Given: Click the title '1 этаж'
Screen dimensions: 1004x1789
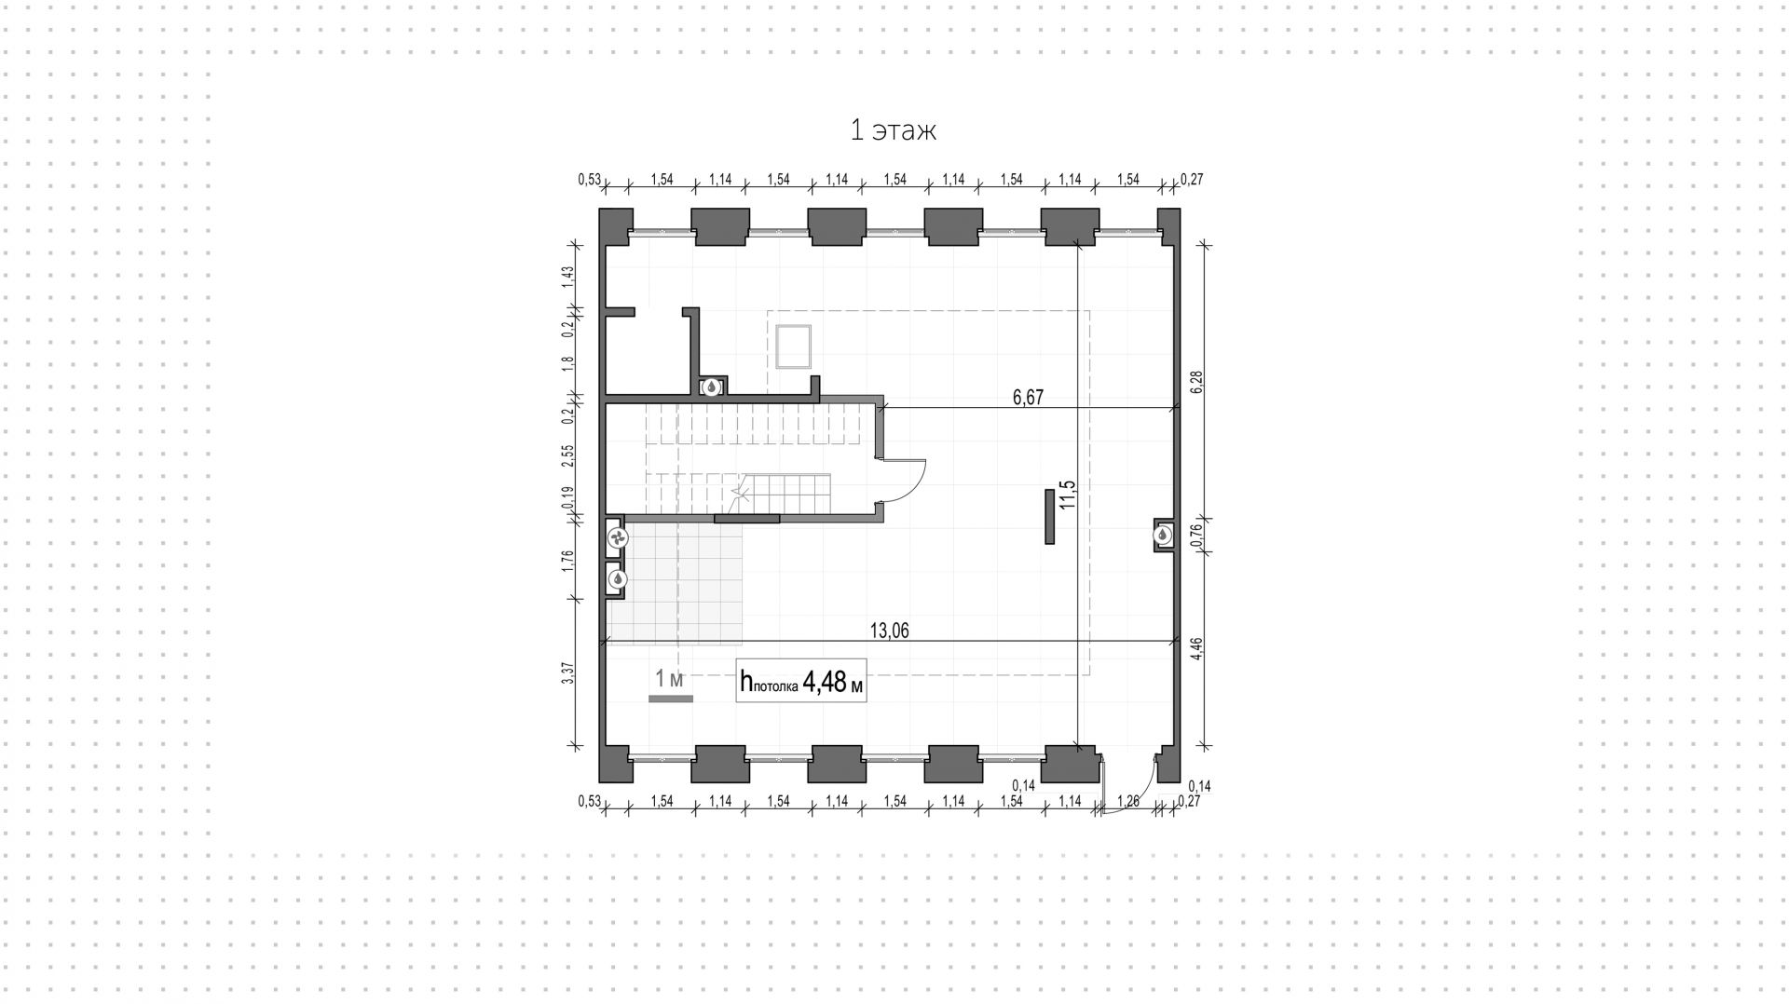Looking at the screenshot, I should [x=893, y=130].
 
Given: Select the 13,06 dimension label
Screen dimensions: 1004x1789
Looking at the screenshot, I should [x=889, y=631].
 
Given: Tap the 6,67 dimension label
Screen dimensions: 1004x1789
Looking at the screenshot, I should [x=1028, y=398].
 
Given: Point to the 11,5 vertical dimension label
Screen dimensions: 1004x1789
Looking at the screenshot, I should [x=1067, y=495].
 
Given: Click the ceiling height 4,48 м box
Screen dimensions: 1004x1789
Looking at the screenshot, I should [x=801, y=682].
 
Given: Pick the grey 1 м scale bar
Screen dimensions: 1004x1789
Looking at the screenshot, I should [x=671, y=698].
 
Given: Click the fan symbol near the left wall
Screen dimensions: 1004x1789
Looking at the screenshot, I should [x=617, y=537].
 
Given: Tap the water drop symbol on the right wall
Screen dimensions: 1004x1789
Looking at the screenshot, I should [x=1164, y=536].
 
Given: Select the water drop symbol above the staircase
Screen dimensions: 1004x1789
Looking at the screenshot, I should [x=711, y=387].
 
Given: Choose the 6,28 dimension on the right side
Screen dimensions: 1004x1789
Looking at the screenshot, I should [x=1197, y=382].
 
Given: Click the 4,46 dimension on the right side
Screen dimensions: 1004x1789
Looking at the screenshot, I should [x=1197, y=647].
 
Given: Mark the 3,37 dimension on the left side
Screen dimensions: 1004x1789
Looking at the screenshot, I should [x=567, y=673].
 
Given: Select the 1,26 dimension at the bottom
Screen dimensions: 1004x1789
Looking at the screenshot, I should [x=1127, y=801].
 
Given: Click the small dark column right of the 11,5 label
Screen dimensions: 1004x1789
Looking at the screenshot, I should [x=1049, y=517].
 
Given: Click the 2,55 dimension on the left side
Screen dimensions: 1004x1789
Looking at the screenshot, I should [x=567, y=455].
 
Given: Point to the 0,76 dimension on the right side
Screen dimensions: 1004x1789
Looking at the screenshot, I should [x=1197, y=535].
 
